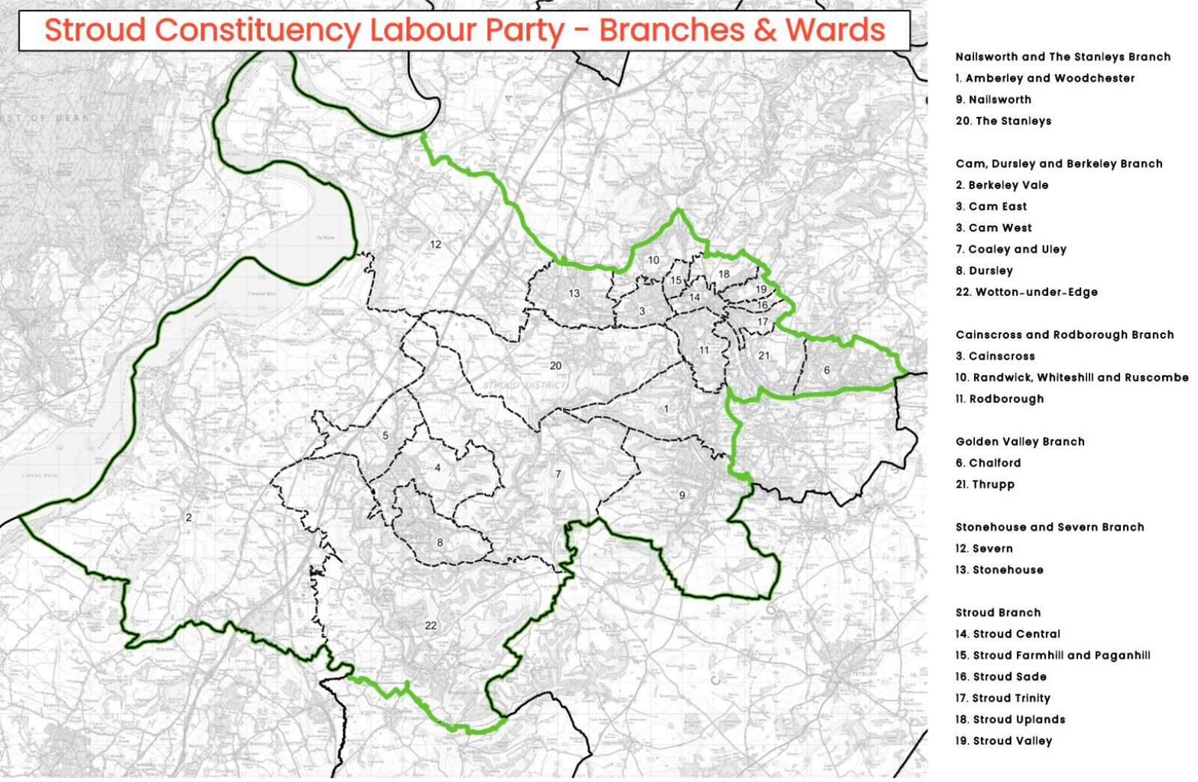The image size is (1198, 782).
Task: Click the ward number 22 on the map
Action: [431, 625]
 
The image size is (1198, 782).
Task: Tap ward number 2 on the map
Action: [189, 517]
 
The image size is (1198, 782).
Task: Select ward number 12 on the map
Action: [435, 244]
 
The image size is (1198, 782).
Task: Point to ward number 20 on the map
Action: [556, 366]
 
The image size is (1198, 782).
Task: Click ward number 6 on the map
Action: [827, 370]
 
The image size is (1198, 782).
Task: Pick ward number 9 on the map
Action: [682, 495]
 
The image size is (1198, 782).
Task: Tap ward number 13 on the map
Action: [574, 293]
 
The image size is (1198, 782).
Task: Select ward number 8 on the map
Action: [440, 543]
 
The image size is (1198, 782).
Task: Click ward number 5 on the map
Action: [386, 435]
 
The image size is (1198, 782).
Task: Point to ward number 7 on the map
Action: [558, 473]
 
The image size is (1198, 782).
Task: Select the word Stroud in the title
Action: [95, 30]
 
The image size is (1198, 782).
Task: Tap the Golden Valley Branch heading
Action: [1020, 441]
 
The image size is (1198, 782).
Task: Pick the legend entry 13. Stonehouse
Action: [999, 569]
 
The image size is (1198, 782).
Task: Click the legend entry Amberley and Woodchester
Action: [1045, 78]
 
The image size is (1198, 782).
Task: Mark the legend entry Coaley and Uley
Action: [1011, 249]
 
